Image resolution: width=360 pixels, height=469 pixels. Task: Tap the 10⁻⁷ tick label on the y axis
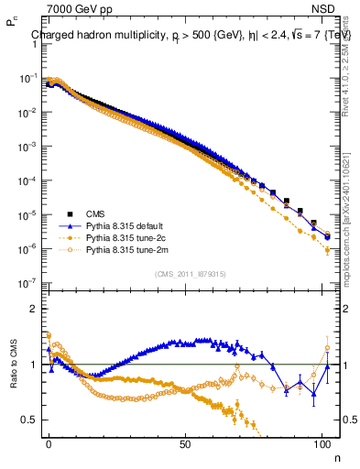[27, 283]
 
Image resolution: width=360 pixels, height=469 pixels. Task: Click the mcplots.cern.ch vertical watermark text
[350, 220]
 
